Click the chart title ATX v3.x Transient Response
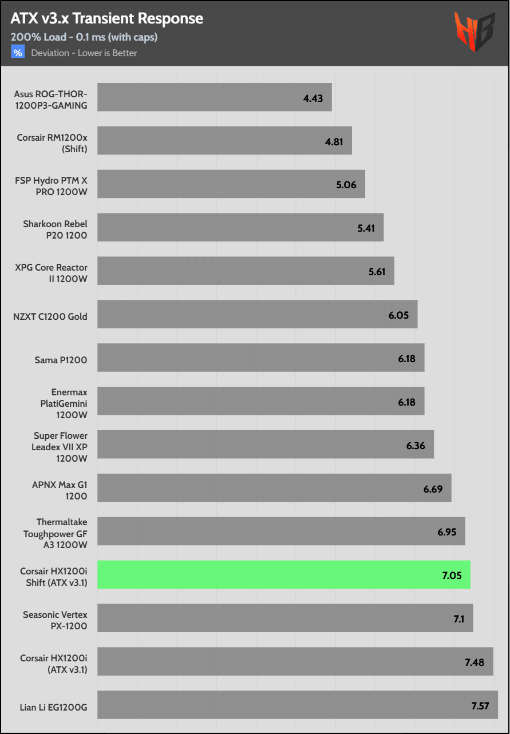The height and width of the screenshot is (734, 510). pos(106,19)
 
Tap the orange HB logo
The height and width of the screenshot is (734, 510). pos(475,33)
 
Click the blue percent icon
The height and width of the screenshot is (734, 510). pos(18,53)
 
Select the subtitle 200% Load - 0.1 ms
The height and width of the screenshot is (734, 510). pos(84,37)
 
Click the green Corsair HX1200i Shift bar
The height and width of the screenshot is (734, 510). pos(283,575)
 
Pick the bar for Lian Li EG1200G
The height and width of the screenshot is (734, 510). pos(297,705)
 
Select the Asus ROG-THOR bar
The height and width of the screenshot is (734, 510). pos(214,98)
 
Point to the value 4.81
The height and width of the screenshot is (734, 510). pos(334,141)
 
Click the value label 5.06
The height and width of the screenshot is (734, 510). pos(347,185)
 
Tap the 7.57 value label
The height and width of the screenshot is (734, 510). pos(480,705)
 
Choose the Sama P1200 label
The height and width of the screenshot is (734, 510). pos(61,360)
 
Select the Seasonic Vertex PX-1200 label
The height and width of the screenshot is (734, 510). pos(55,620)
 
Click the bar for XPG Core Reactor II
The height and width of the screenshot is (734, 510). pos(246,271)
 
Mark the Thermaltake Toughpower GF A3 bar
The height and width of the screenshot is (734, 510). pos(281,531)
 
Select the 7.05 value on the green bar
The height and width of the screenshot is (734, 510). pos(452,576)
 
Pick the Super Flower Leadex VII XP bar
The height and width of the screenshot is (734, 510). pos(265,445)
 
